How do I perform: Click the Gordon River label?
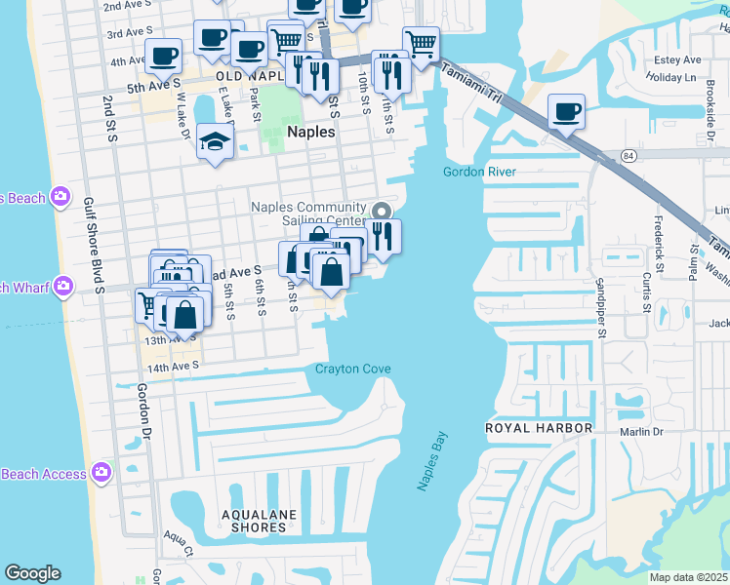[x=478, y=172]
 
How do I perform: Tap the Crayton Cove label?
[x=352, y=369]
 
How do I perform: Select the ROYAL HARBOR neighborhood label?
[x=539, y=428]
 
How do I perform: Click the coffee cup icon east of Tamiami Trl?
[x=565, y=111]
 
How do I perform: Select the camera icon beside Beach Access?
[x=101, y=473]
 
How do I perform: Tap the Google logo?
[x=32, y=572]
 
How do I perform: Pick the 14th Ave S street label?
[x=172, y=366]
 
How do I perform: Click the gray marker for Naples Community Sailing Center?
[x=382, y=212]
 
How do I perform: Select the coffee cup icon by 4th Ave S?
[x=163, y=56]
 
